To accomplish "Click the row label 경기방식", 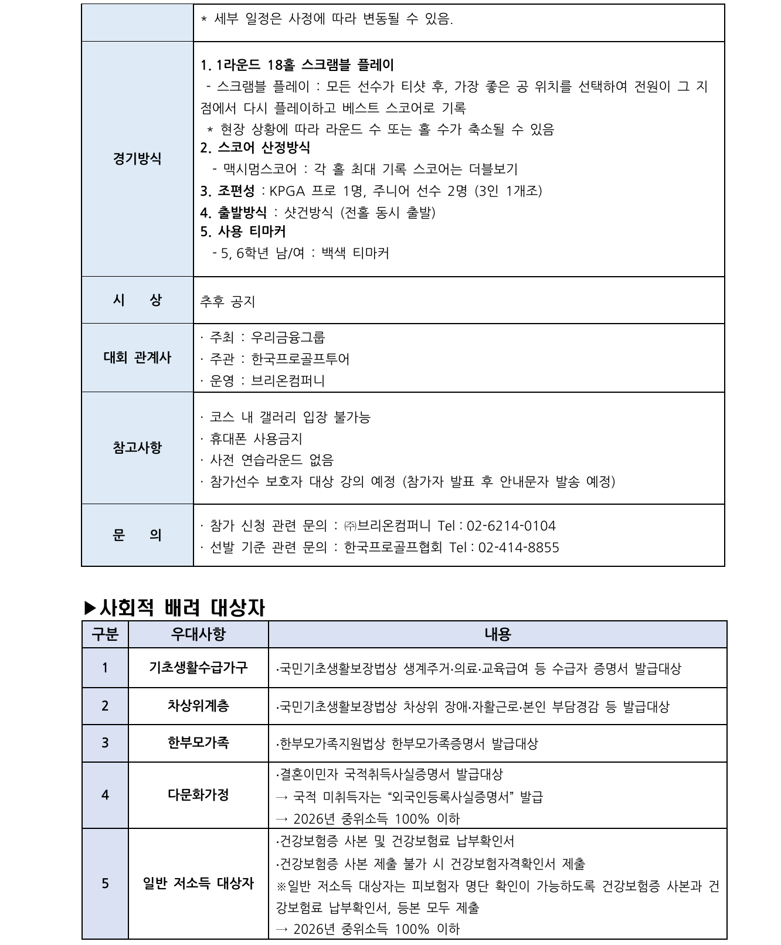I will click(137, 159).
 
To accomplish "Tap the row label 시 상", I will click(137, 300).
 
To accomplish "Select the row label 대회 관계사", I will click(137, 358).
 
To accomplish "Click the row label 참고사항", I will click(137, 448).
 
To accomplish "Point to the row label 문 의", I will click(137, 535).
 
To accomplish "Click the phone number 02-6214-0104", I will click(511, 526).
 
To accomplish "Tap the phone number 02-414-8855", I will click(518, 548).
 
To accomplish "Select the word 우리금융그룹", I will click(288, 338).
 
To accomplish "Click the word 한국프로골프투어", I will click(300, 359).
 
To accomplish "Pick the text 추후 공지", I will click(227, 302).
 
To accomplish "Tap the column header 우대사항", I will click(198, 634).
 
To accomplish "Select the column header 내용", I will click(497, 634).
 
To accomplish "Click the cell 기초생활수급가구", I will click(198, 668).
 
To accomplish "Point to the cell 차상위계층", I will click(198, 706).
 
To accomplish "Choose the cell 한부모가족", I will click(198, 743).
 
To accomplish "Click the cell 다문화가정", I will click(198, 795).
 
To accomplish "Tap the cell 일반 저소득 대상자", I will click(198, 883).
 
